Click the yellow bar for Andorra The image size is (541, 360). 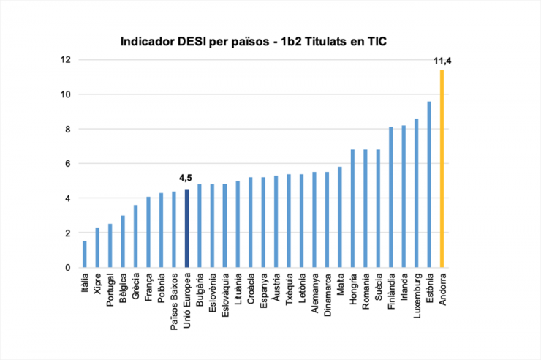coord(442,169)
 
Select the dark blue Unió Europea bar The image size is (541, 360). coord(186,228)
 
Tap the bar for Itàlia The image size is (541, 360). coord(85,255)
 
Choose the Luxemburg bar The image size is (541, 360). coord(416,193)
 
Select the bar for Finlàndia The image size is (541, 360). coord(390,198)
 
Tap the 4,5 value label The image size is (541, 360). coord(186,178)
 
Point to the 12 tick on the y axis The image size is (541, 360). coord(66,60)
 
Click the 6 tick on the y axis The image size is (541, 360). coord(68,164)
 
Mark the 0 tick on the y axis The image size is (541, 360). coord(68,268)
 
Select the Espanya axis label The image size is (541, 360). coord(263,290)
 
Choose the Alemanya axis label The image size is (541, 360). coord(314,292)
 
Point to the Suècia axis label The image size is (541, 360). coord(378,288)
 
